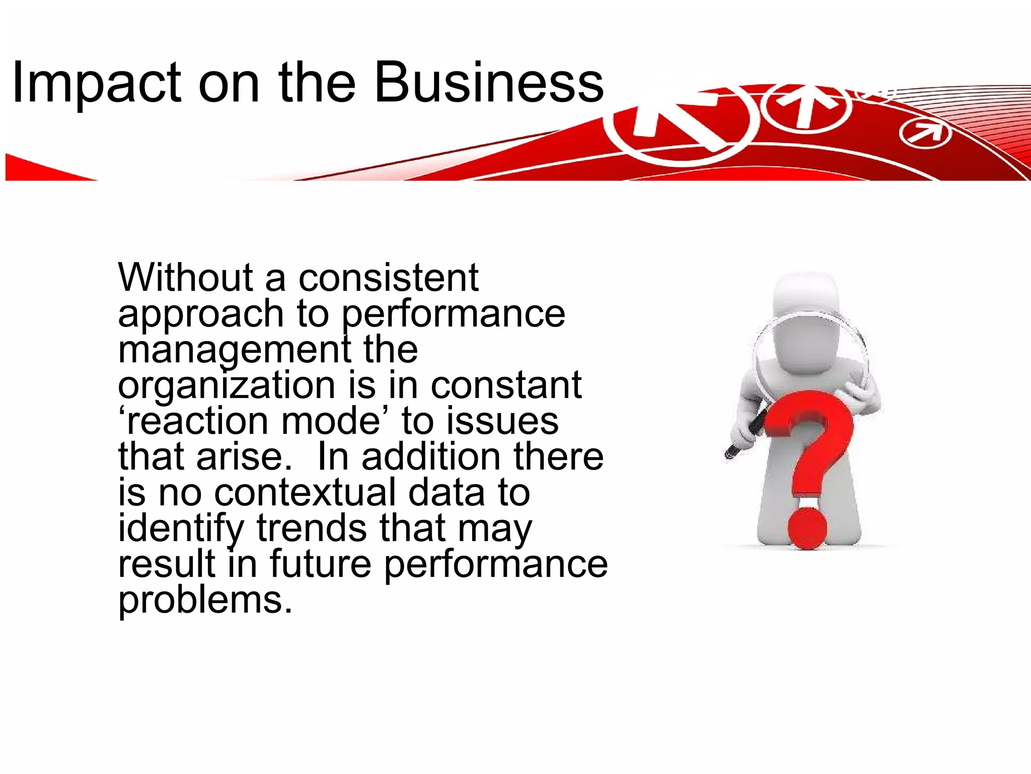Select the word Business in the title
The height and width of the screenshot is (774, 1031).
click(x=488, y=82)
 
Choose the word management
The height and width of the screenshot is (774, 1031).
click(x=234, y=350)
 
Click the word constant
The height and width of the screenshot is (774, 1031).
click(x=506, y=385)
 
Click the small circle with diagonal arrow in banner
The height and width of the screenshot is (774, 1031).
click(x=925, y=135)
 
